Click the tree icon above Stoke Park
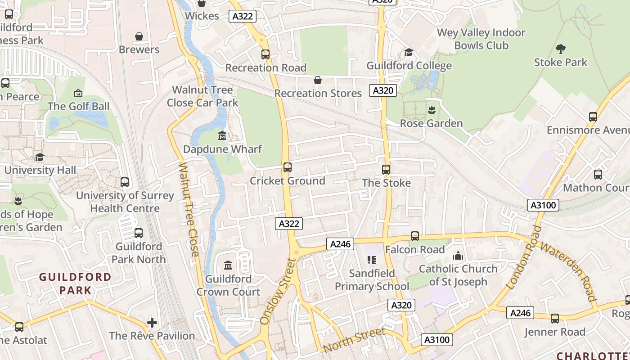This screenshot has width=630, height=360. coord(561,49)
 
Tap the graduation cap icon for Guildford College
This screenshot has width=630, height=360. coord(409,53)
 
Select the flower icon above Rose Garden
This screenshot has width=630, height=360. coord(432,110)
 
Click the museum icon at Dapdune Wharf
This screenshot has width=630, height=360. coord(222,135)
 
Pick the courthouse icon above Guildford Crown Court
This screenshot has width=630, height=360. coord(228,265)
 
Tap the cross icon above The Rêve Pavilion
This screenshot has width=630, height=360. coord(152,322)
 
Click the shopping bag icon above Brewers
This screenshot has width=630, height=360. coord(139,36)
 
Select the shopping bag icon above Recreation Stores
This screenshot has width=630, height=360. coord(318,80)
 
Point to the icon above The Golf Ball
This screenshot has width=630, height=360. coord(78,93)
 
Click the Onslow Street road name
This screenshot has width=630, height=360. coord(279,291)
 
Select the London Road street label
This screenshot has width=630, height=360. coord(524,257)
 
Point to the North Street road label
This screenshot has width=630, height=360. coord(354,340)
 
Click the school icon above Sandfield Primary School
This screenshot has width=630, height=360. coord(371,260)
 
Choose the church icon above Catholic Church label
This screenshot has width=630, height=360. coord(458,256)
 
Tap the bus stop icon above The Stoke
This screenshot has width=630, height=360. coord(386,170)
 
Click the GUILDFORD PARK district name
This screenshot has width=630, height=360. coord(75,283)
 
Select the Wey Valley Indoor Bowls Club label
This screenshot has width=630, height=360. coord(481,39)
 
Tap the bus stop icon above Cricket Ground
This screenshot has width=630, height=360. coord(288,167)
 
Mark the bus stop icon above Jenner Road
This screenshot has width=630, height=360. coord(555,319)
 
